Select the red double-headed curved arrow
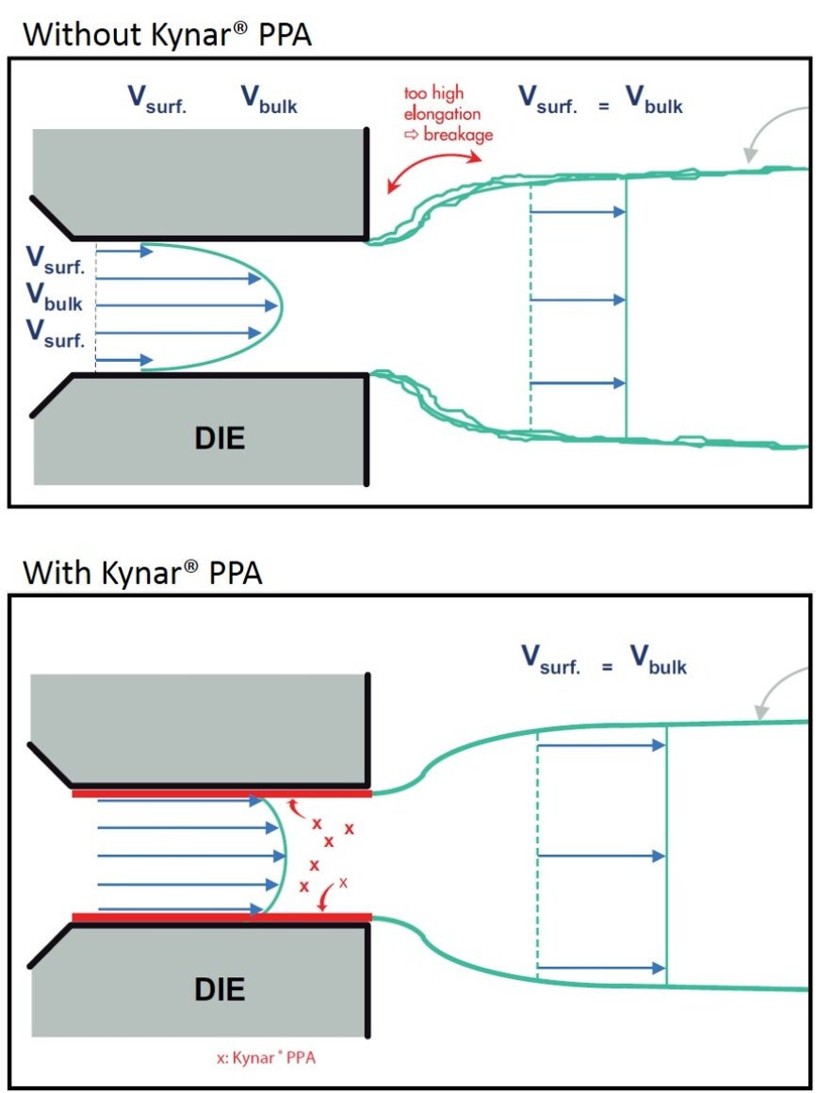coord(421,167)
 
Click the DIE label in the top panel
coord(219,437)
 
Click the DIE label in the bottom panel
coord(219,988)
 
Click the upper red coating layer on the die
coord(221,793)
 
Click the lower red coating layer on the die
coord(221,916)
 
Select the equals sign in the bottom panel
coord(608,667)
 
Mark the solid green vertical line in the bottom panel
coord(666,855)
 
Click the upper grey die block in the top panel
coord(199,182)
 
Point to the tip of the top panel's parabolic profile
coord(281,304)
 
